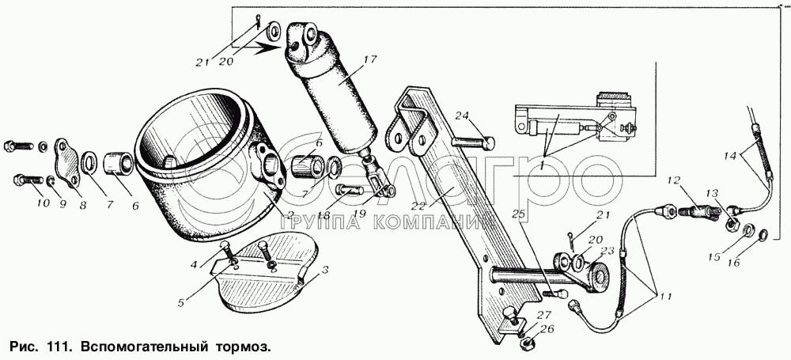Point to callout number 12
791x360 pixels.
pos(672,181)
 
